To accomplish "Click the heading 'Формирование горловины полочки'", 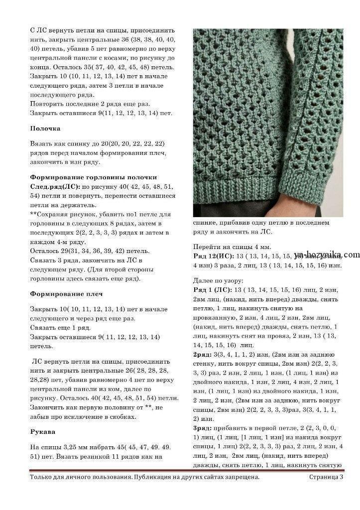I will [93, 177].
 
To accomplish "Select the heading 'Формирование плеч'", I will [62, 294].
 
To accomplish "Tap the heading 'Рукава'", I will [43, 431].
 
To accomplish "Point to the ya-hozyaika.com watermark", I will [326, 255].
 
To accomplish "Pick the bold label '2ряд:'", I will [202, 354].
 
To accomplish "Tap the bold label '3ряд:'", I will [202, 428].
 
